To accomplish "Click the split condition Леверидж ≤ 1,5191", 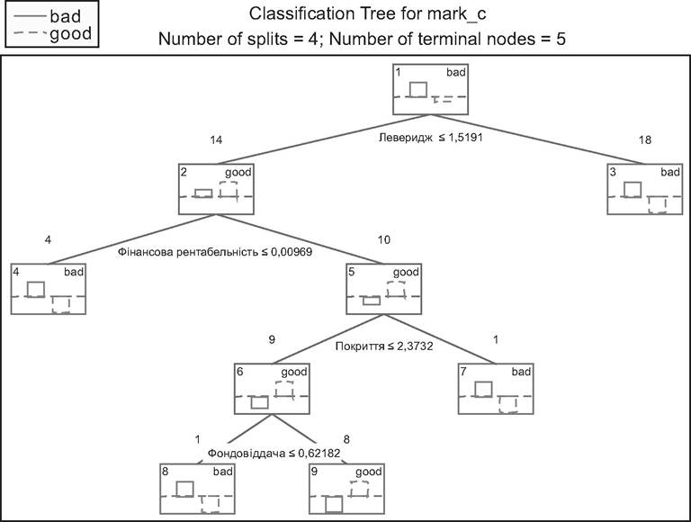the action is click(x=431, y=138).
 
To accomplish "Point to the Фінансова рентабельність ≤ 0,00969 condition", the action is click(x=215, y=252).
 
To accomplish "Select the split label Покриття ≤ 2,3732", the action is click(x=384, y=346).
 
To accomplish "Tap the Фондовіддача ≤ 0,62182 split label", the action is click(x=274, y=454).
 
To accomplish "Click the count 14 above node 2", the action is click(x=216, y=140).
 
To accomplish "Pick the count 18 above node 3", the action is click(x=645, y=140).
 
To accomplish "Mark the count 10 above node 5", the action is click(x=384, y=239).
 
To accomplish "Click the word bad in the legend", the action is click(x=65, y=16).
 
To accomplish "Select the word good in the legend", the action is click(x=70, y=34).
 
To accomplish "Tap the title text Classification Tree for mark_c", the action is click(x=367, y=13).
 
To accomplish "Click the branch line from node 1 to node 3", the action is click(x=538, y=139).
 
